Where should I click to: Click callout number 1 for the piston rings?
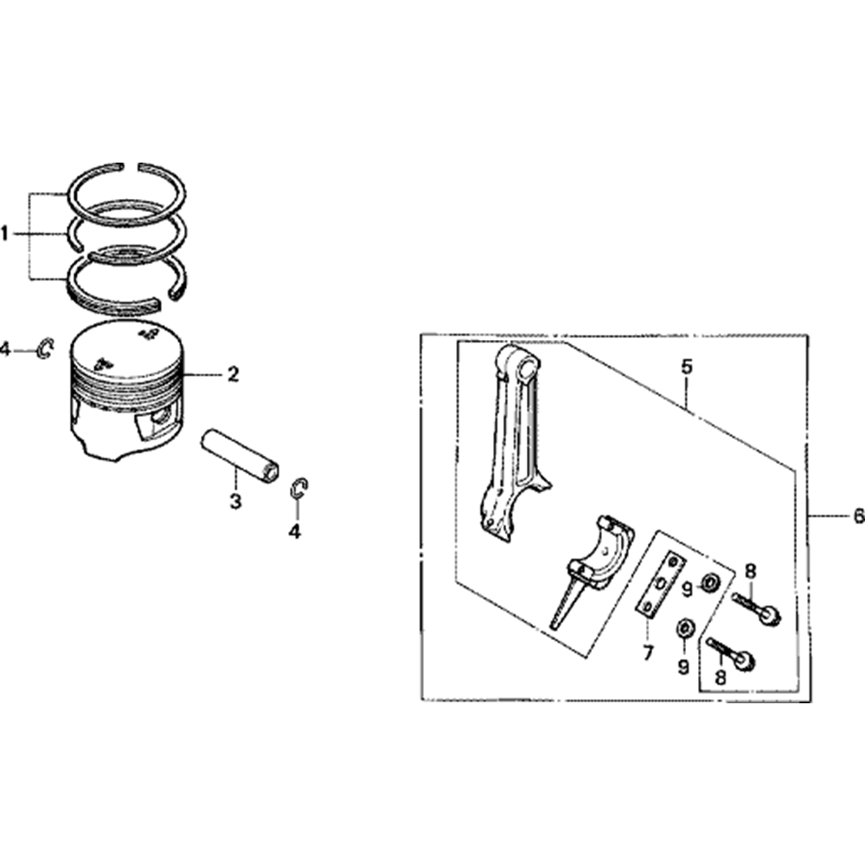5,234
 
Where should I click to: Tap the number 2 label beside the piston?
233,375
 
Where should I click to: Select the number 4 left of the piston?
5,349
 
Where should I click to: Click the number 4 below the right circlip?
296,532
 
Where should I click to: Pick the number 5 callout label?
687,367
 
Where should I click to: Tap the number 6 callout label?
857,516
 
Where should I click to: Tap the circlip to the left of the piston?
46,349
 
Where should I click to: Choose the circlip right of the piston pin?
298,488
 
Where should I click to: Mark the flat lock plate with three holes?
662,585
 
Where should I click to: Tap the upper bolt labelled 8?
758,607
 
